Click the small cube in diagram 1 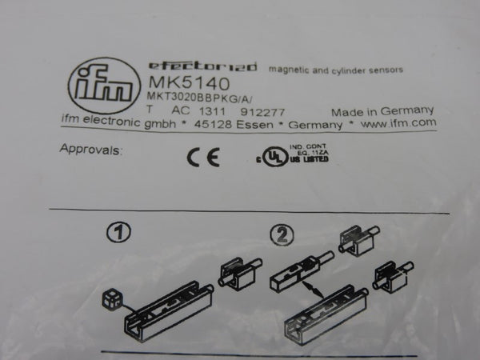(110, 302)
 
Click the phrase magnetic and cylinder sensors (335, 70)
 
